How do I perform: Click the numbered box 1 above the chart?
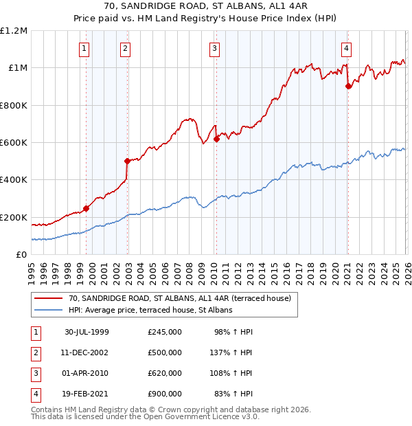click(x=84, y=48)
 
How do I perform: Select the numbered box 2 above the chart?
click(x=126, y=48)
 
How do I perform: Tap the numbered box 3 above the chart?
click(x=215, y=48)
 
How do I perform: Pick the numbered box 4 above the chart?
click(x=347, y=48)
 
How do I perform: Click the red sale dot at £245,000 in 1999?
click(x=87, y=209)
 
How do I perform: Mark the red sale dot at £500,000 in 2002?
click(x=127, y=161)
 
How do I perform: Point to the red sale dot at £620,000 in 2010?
click(x=216, y=139)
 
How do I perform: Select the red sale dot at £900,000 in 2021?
click(x=348, y=86)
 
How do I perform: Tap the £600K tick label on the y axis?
click(x=14, y=143)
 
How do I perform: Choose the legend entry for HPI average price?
click(x=150, y=311)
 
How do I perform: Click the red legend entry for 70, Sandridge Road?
click(x=180, y=298)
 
